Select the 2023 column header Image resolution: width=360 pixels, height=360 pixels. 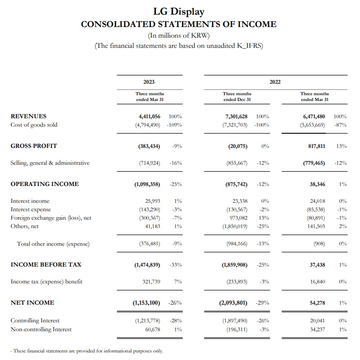coord(149,82)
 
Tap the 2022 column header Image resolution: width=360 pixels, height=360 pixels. coord(275,82)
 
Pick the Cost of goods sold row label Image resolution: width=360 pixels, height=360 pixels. coord(34,125)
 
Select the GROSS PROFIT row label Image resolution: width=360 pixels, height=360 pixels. coord(34,146)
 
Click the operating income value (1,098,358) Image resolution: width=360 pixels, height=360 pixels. coord(147,184)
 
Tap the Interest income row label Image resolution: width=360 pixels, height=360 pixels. coord(30,201)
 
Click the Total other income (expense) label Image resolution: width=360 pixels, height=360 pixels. coord(53,244)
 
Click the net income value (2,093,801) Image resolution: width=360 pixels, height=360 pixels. coord(234,303)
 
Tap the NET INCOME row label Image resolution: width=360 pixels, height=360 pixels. coord(32,303)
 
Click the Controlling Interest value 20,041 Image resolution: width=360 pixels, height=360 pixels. coord(317,321)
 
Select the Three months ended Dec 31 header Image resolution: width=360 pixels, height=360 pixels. coord(237,97)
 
